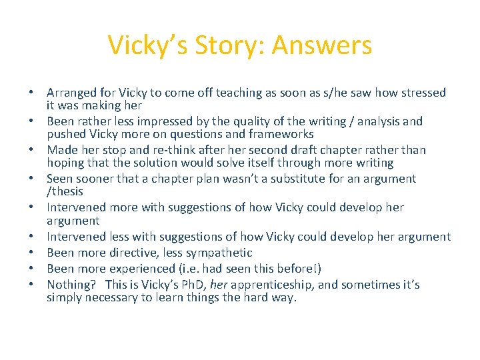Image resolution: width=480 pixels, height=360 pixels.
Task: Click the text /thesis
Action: pyautogui.click(x=65, y=191)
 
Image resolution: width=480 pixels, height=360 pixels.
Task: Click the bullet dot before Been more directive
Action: pyautogui.click(x=31, y=253)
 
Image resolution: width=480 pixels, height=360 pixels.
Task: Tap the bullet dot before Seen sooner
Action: pyautogui.click(x=31, y=179)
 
